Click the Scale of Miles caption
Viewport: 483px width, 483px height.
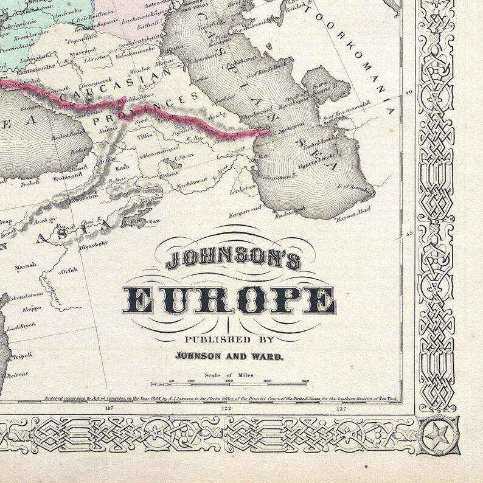(x=228, y=375)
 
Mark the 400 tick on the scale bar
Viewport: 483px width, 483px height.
(x=305, y=381)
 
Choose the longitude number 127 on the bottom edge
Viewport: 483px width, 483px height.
(x=341, y=408)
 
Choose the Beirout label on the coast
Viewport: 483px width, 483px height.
(x=18, y=375)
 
